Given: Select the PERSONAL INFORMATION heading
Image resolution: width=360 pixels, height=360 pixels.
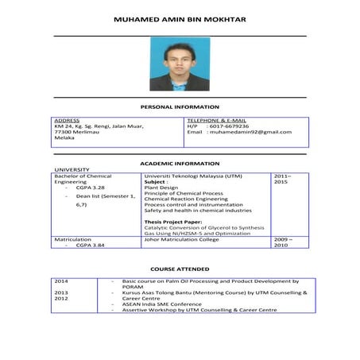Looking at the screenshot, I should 180,106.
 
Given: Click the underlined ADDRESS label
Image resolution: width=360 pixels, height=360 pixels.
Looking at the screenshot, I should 67,120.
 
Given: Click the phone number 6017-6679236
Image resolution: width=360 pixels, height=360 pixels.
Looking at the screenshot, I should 228,126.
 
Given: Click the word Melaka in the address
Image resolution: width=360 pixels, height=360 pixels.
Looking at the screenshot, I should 64,137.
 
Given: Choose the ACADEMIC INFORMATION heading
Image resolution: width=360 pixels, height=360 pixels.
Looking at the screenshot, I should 180,163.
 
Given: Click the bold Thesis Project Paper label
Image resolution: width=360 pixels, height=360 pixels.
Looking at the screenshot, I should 172,222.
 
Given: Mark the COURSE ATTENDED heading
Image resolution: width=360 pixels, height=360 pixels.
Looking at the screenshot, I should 180,269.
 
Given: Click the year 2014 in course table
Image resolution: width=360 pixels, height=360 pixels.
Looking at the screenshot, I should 61,281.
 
